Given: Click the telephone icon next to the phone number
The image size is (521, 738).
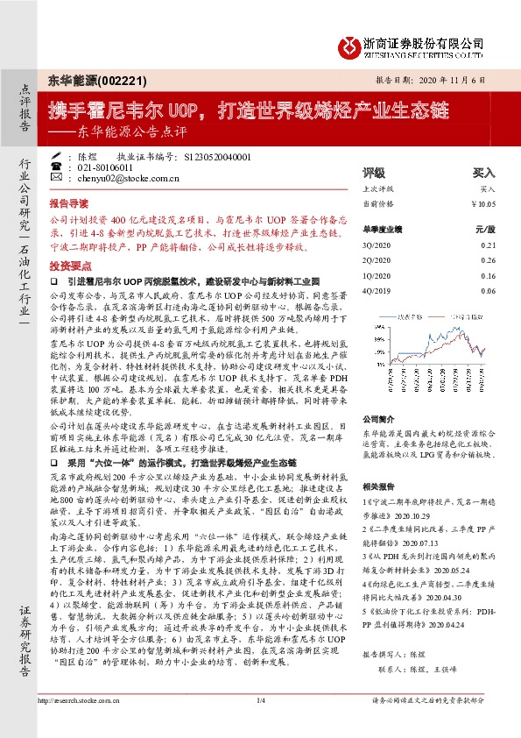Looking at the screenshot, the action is [x=58, y=167].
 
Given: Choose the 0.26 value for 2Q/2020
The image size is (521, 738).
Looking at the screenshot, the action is [x=489, y=259].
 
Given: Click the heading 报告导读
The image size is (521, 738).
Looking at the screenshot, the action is [x=69, y=201].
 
